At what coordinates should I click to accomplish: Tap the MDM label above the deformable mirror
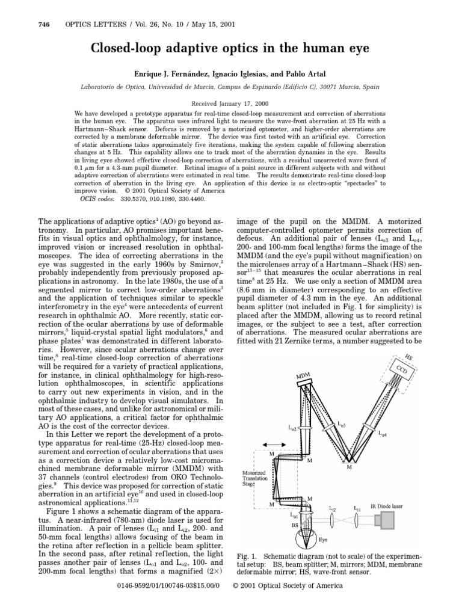point(304,377)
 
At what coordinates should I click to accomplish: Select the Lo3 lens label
point(342,425)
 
